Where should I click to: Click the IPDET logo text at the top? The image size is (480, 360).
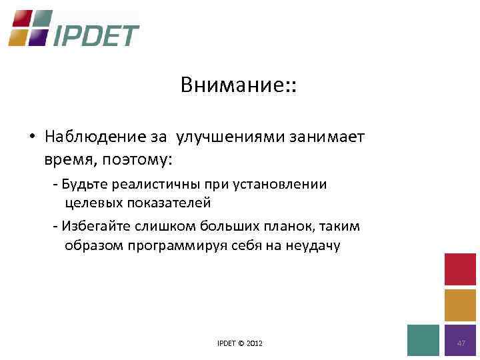(96, 35)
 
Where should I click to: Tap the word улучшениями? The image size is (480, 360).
(230, 137)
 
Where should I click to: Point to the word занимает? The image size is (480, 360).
(326, 137)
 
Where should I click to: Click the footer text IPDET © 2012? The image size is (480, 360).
(240, 343)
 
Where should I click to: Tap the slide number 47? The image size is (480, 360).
(461, 342)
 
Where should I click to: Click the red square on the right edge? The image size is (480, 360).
(460, 269)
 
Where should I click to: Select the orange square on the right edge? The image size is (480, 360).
(460, 305)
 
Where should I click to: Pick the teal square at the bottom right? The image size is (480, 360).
(423, 341)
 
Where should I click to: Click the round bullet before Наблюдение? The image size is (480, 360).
(32, 137)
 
